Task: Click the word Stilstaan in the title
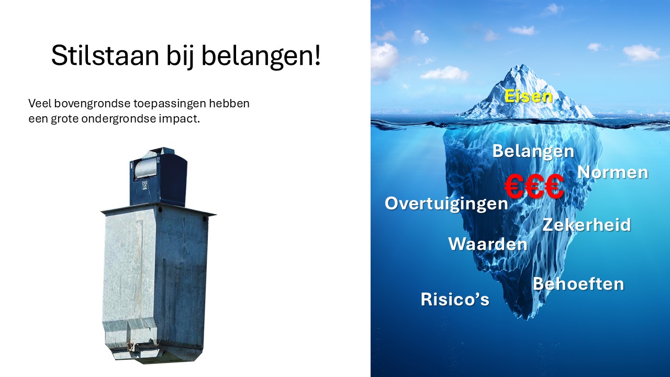105,56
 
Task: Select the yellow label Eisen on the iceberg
528,96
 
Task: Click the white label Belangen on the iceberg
533,151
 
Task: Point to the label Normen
612,173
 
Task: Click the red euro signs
534,187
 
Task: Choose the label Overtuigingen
446,204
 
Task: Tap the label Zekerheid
587,225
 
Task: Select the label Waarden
488,244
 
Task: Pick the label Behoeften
578,284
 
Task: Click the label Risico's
455,299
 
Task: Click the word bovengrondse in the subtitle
92,104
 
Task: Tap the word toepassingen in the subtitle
170,104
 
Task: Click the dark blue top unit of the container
158,176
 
